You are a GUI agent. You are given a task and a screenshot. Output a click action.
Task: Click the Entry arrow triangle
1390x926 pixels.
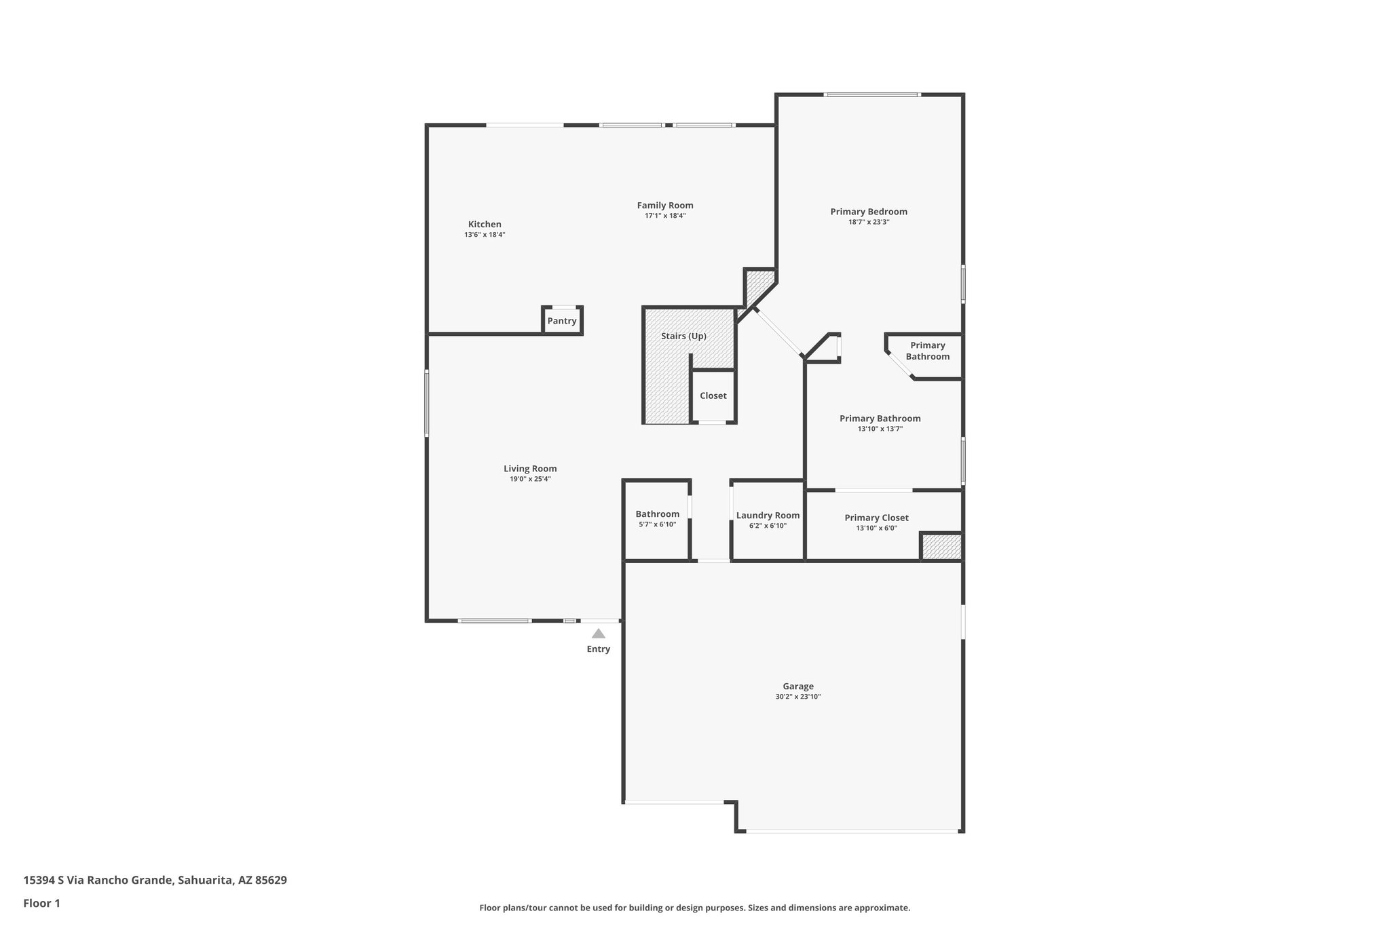pyautogui.click(x=598, y=634)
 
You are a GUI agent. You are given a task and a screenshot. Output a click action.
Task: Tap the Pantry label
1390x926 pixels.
pyautogui.click(x=562, y=321)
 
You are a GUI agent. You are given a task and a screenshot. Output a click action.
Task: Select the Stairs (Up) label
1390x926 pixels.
pyautogui.click(x=683, y=336)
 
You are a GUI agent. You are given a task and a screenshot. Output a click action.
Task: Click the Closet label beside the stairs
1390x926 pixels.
pyautogui.click(x=713, y=396)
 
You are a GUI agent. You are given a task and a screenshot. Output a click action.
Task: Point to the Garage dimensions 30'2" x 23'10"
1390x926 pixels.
pyautogui.click(x=798, y=697)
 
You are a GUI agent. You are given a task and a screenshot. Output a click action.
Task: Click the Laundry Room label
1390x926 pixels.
pyautogui.click(x=768, y=516)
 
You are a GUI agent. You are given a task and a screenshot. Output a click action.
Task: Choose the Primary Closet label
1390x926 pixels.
pyautogui.click(x=876, y=518)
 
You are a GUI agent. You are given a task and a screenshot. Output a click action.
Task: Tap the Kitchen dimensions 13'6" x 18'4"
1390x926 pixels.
pyautogui.click(x=485, y=235)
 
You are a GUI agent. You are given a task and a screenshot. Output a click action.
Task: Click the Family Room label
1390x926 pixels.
pyautogui.click(x=664, y=206)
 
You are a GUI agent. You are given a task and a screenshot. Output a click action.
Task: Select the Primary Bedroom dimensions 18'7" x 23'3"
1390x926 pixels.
pyautogui.click(x=869, y=222)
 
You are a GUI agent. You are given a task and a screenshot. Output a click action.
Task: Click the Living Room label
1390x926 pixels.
pyautogui.click(x=530, y=469)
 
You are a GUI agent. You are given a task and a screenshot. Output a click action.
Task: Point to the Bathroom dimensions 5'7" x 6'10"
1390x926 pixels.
pyautogui.click(x=657, y=524)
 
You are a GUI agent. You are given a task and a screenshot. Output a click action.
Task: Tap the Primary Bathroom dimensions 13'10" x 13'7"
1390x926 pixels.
pyautogui.click(x=880, y=429)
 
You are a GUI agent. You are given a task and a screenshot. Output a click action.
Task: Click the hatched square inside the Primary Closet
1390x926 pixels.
pyautogui.click(x=941, y=547)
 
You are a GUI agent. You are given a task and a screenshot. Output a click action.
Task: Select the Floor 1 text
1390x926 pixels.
pyautogui.click(x=42, y=903)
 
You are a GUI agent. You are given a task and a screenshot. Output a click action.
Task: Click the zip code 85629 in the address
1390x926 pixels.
pyautogui.click(x=269, y=881)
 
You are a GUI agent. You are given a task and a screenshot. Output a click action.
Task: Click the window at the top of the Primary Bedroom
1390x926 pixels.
pyautogui.click(x=871, y=95)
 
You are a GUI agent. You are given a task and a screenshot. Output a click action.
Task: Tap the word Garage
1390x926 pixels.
pyautogui.click(x=798, y=687)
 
